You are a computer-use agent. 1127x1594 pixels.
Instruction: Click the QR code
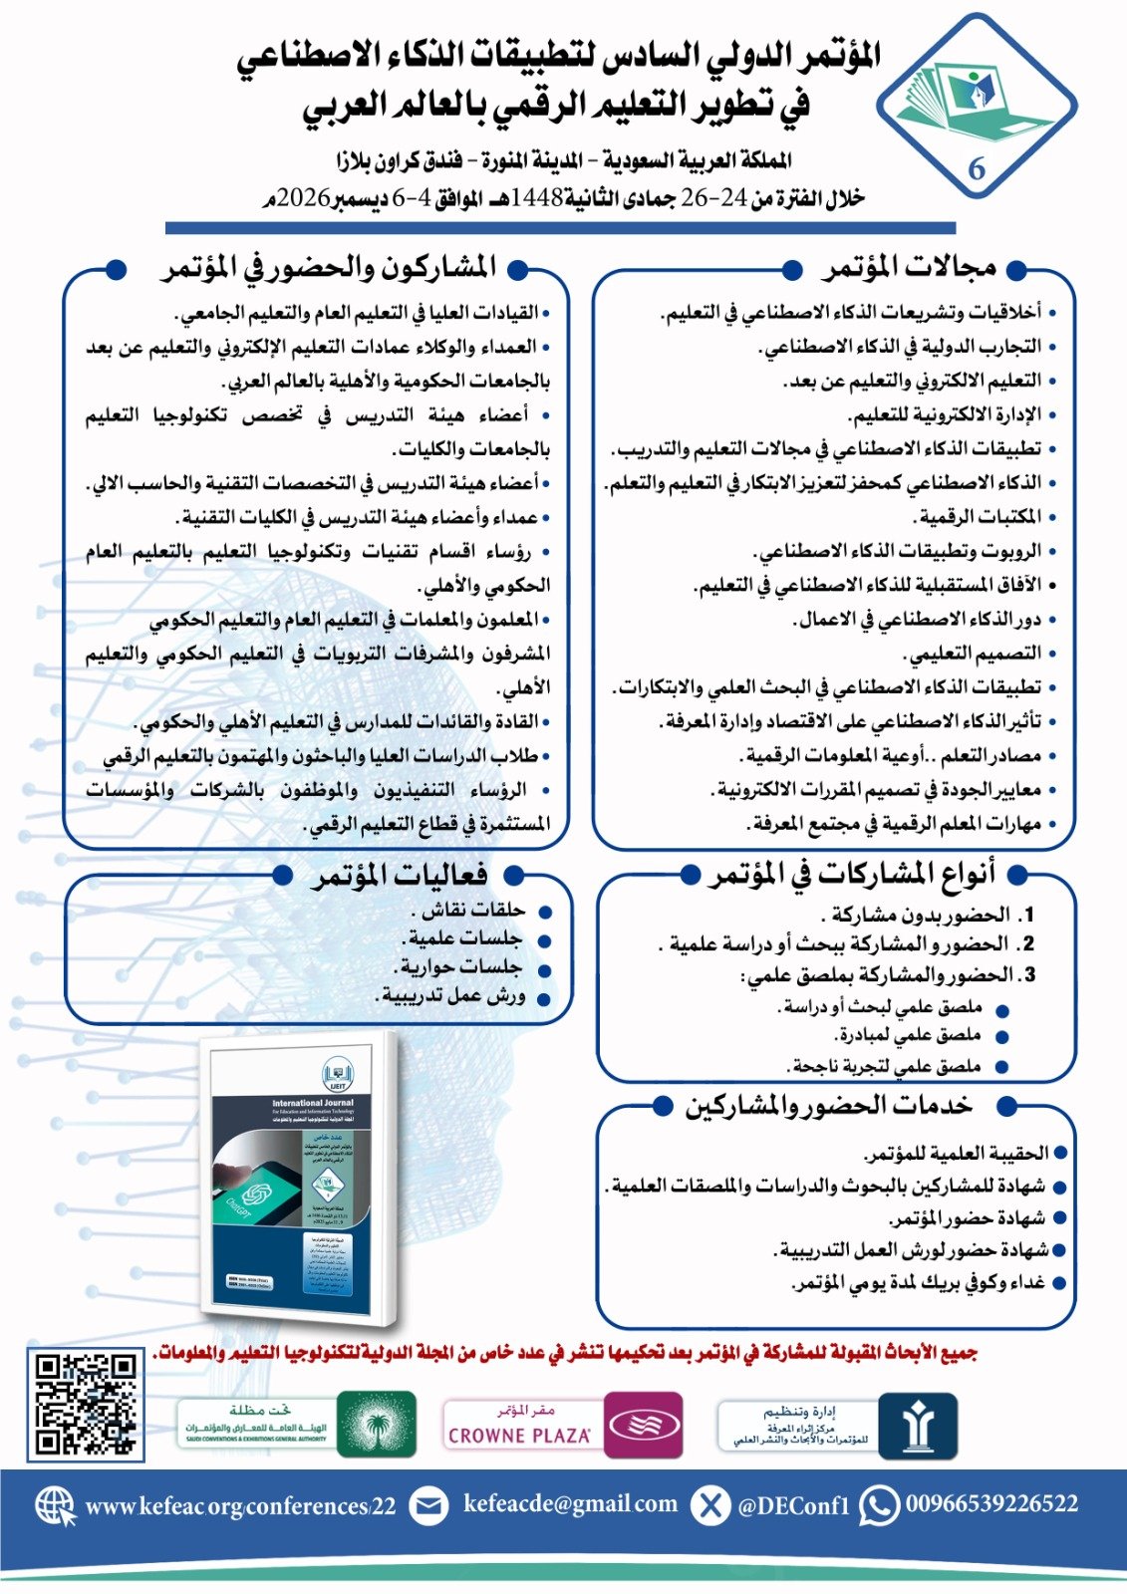coord(87,1404)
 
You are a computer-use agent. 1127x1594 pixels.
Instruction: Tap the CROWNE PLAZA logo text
coord(519,1436)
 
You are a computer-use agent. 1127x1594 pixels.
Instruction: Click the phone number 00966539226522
coord(990,1503)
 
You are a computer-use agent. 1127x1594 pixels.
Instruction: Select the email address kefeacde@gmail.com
coord(570,1503)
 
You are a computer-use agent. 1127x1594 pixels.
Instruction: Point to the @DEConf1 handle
coord(793,1506)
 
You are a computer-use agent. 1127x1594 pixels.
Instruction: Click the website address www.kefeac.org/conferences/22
coord(240,1506)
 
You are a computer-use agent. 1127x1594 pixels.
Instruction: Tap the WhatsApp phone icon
coord(879,1504)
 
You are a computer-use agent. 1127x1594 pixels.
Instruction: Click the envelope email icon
coord(428,1505)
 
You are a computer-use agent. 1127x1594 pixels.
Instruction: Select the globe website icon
coord(56,1506)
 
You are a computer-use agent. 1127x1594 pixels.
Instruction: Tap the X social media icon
coord(710,1505)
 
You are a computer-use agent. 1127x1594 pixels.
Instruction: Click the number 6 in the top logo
coord(977,169)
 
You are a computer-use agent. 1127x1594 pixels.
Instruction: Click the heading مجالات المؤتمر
coord(909,267)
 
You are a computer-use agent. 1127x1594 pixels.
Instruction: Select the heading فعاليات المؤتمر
coord(400,875)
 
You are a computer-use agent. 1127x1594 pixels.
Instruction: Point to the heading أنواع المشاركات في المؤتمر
coord(853,874)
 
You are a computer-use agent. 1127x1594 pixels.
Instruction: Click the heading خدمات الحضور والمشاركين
coord(828,1105)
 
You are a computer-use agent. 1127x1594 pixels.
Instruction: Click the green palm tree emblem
coord(377,1425)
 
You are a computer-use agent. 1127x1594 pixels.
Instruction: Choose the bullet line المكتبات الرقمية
coord(980,517)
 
